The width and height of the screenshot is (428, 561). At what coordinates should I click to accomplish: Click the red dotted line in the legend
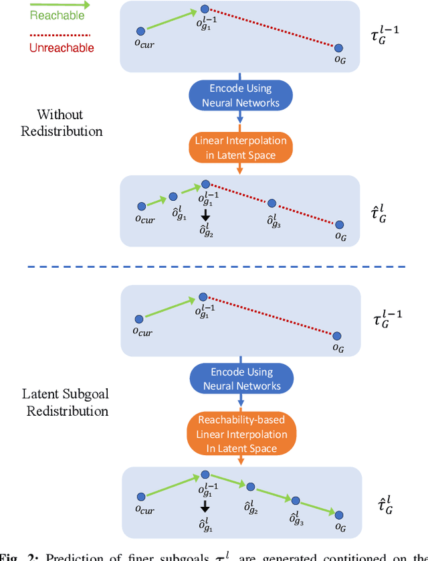pyautogui.click(x=58, y=33)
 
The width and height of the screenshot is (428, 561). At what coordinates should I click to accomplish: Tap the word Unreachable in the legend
pyautogui.click(x=62, y=48)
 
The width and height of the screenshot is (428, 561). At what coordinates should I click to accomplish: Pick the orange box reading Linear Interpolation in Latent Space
pyautogui.click(x=240, y=148)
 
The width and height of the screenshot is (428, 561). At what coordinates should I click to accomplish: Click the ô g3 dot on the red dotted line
pyautogui.click(x=272, y=203)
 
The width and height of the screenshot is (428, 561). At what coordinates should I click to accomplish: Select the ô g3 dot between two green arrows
pyautogui.click(x=295, y=499)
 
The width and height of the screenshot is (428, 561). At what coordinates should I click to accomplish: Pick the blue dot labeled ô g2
pyautogui.click(x=250, y=487)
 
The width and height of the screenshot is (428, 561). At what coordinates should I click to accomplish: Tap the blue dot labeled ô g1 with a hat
pyautogui.click(x=173, y=196)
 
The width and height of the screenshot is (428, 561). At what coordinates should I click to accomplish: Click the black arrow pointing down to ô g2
pyautogui.click(x=205, y=215)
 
